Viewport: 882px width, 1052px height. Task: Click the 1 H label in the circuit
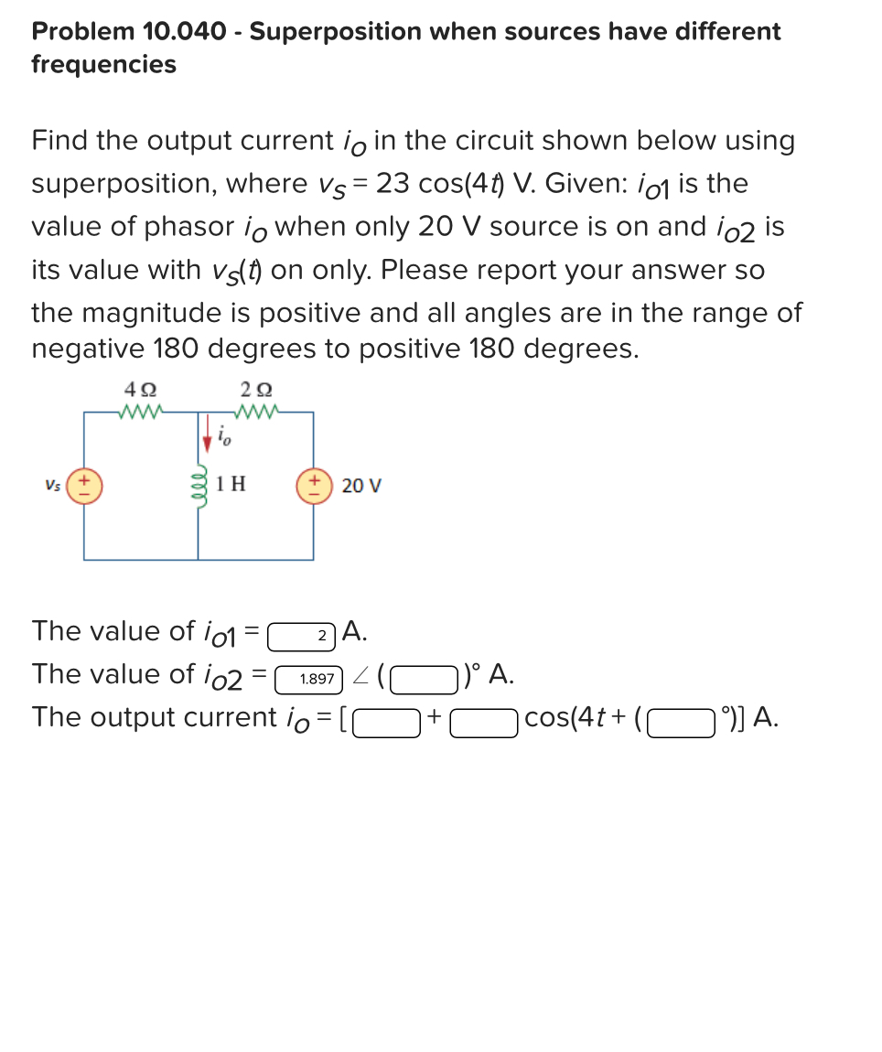coord(231,483)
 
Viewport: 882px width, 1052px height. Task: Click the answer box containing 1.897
coord(308,678)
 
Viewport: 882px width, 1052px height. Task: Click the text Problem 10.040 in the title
coord(129,31)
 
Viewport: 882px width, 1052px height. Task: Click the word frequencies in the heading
coord(103,64)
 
